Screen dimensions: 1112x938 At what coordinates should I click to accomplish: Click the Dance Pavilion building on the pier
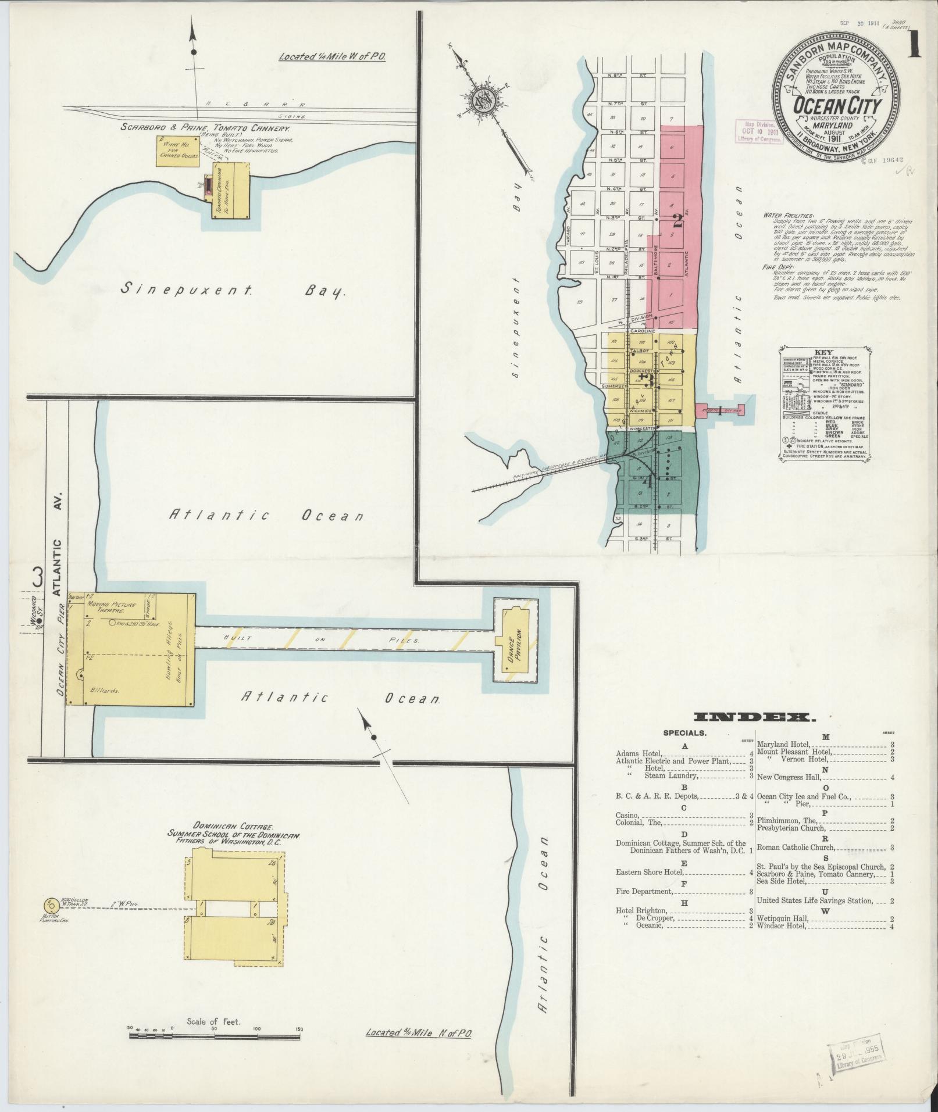(x=515, y=641)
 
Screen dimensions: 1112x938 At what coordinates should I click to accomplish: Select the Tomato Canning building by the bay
(x=231, y=190)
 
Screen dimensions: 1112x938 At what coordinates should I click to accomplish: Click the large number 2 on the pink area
(x=677, y=220)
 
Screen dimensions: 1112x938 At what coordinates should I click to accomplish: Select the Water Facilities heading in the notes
(x=789, y=215)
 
